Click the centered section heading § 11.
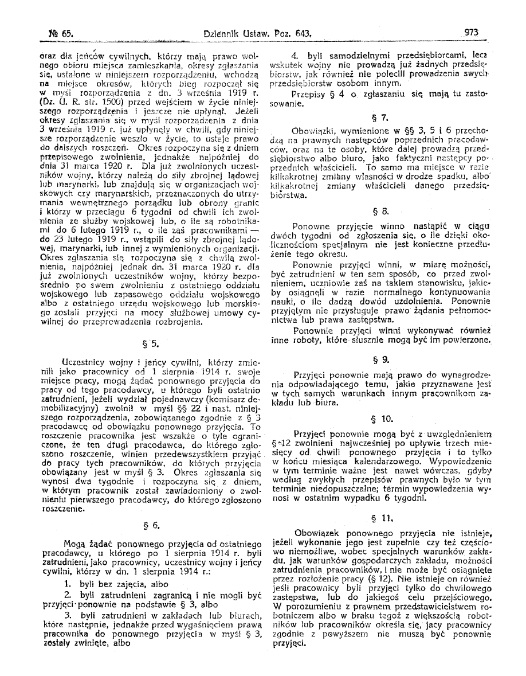pos(380,506)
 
